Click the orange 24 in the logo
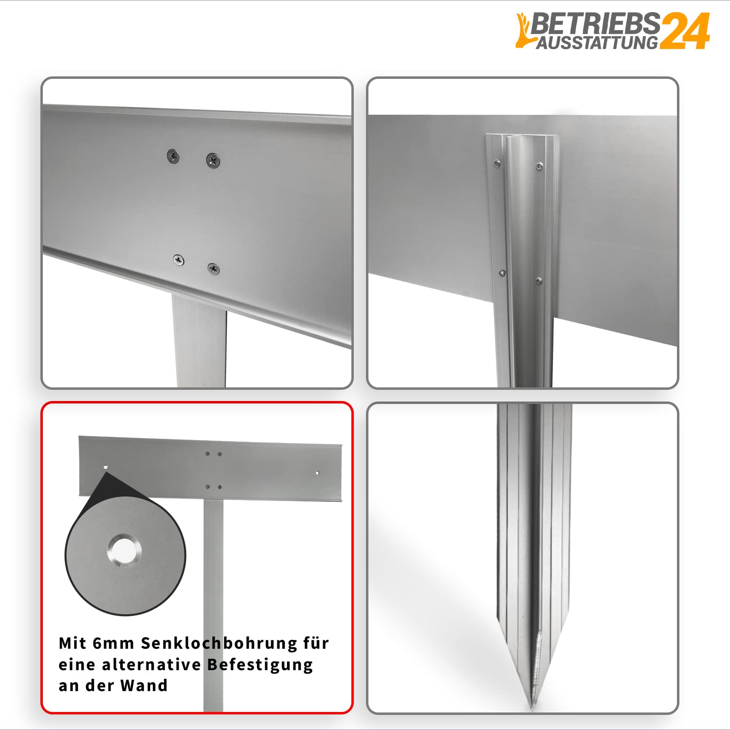coord(685,31)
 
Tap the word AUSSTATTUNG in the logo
coord(598,42)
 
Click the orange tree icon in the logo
coord(524,30)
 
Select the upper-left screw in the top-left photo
coord(173,156)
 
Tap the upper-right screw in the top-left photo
coord(213,160)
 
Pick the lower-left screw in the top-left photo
coord(179,260)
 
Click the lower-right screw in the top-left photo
coord(213,268)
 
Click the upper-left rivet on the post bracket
coord(497,164)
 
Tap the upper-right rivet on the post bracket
coord(539,167)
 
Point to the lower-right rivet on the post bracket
coord(539,281)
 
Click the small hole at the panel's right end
coord(317,473)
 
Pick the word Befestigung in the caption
coord(260,665)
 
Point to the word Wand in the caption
coord(144,685)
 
